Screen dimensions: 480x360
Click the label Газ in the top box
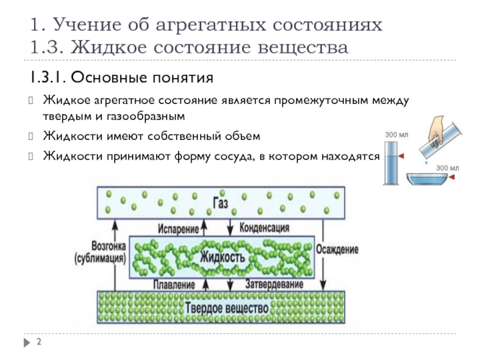(x=220, y=203)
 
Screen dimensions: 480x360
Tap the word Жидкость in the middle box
(x=223, y=257)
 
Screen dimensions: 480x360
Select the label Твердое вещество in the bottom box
(x=227, y=308)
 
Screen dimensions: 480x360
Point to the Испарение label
(x=178, y=229)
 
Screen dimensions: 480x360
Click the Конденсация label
(x=264, y=228)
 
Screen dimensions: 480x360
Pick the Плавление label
(x=174, y=285)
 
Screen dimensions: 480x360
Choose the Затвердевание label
(x=274, y=284)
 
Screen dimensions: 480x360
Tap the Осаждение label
(x=337, y=250)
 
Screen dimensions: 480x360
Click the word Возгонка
(x=109, y=246)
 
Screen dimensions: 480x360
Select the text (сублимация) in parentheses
(x=100, y=259)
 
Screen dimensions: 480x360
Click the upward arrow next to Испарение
(x=204, y=228)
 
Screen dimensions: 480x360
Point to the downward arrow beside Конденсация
(x=230, y=228)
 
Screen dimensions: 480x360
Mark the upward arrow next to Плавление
(x=206, y=284)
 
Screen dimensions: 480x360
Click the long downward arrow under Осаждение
(x=323, y=254)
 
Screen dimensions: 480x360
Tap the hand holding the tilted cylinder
(x=436, y=130)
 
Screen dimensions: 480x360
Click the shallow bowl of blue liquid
(x=427, y=179)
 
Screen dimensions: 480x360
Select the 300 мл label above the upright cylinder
(x=397, y=134)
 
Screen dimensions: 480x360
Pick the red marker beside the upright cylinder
(x=401, y=156)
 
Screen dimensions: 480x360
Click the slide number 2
(x=39, y=341)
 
